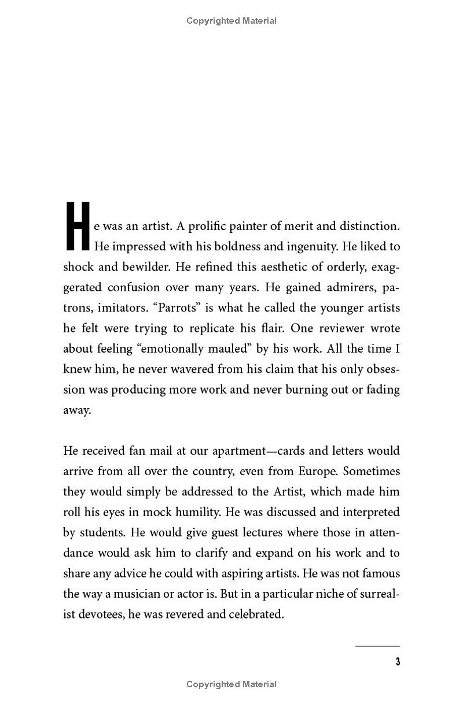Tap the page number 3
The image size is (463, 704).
click(x=398, y=662)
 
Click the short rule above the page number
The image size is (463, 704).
click(x=377, y=646)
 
